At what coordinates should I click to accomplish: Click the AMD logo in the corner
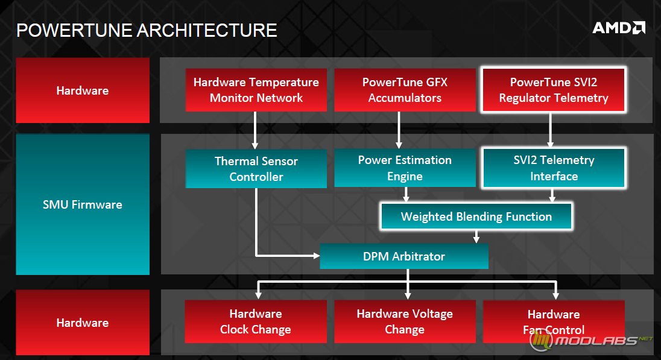618,28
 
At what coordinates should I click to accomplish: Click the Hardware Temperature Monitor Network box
256,90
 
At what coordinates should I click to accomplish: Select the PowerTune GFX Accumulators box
405,90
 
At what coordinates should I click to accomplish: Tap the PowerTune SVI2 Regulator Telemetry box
554,90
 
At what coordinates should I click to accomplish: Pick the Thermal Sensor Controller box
256,169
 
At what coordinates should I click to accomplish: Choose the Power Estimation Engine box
405,168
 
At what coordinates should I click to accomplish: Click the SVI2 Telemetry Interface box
554,168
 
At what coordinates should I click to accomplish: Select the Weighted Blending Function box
476,216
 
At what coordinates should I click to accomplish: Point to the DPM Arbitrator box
404,256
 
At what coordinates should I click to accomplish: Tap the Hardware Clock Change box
256,321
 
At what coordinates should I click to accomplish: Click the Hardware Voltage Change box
405,321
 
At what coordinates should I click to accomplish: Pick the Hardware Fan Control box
554,321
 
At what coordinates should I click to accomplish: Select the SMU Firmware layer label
83,204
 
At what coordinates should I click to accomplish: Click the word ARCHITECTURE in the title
207,30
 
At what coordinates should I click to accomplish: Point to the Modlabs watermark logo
591,340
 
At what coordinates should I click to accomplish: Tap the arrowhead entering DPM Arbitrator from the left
316,256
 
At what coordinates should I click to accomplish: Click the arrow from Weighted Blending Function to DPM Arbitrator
476,236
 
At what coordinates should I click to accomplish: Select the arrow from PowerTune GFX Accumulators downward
399,130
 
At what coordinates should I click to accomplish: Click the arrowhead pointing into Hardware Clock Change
258,296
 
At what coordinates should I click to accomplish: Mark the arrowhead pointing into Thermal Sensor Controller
255,145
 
